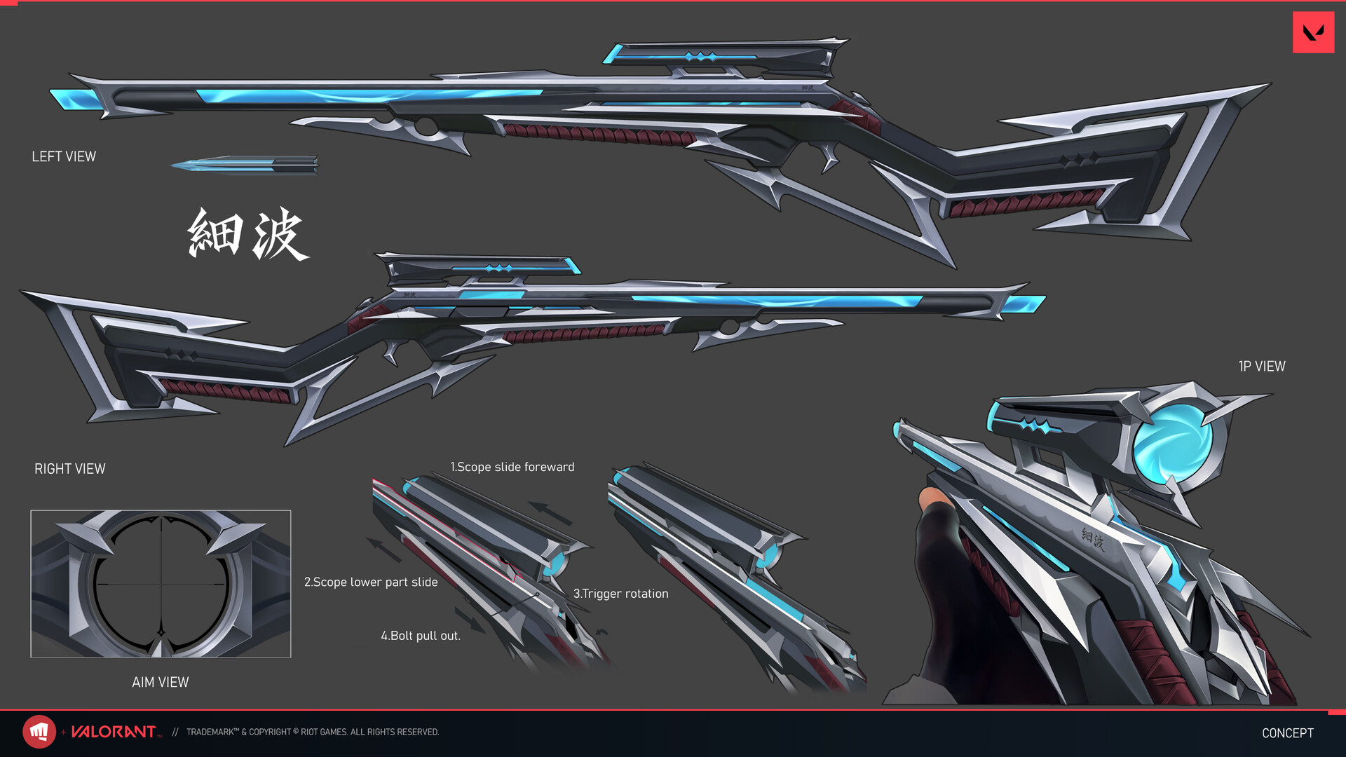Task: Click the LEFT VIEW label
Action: [x=64, y=157]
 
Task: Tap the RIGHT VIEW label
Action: [x=70, y=469]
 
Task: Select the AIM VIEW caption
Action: [x=160, y=683]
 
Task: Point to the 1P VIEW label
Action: [x=1261, y=367]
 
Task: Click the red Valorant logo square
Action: [x=1313, y=32]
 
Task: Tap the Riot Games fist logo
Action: [x=39, y=732]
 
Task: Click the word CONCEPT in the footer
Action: [x=1287, y=733]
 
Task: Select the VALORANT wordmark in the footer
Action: [x=114, y=732]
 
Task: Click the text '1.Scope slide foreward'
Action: [x=512, y=468]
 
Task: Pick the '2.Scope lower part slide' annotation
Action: [x=370, y=582]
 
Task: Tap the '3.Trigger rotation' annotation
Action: [x=620, y=594]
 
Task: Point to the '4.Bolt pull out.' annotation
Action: [x=420, y=636]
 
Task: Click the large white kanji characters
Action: [x=247, y=234]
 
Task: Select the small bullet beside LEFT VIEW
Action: [x=245, y=165]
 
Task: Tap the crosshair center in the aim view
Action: [x=161, y=584]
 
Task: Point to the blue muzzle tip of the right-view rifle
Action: [x=1024, y=304]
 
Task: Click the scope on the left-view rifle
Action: [x=722, y=55]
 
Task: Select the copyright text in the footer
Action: [x=313, y=732]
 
